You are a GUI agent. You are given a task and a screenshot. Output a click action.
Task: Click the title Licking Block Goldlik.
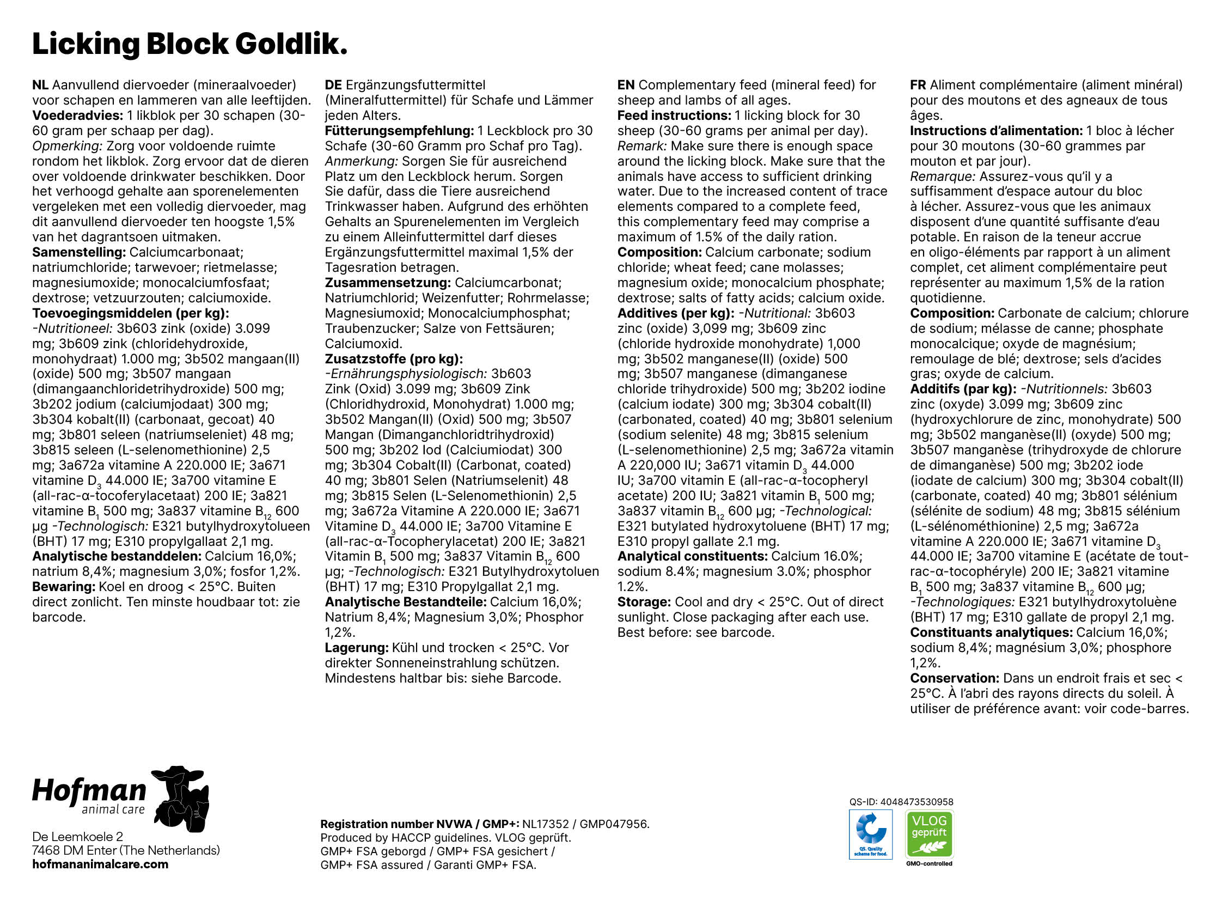click(x=189, y=44)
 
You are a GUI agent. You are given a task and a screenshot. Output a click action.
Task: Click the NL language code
click(x=40, y=85)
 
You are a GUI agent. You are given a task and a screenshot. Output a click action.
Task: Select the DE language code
click(x=333, y=85)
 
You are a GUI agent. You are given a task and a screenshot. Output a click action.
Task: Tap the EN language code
click(x=626, y=85)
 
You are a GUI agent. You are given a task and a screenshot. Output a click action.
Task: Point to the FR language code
click(x=918, y=85)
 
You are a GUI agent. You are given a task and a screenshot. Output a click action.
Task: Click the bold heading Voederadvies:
click(x=77, y=115)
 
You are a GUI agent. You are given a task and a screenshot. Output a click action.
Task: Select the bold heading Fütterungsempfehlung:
click(x=399, y=131)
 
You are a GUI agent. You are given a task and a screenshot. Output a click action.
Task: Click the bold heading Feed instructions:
click(x=674, y=115)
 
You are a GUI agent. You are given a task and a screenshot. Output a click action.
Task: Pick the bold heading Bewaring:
click(x=64, y=587)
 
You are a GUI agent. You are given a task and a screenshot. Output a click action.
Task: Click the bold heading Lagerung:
click(x=357, y=648)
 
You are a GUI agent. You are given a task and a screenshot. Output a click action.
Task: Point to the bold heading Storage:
click(x=644, y=602)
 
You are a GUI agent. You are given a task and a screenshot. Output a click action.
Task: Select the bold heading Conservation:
click(x=954, y=679)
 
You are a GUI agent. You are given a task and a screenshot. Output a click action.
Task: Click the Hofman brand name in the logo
click(x=89, y=790)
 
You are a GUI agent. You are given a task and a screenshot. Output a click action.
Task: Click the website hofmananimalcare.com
click(x=100, y=865)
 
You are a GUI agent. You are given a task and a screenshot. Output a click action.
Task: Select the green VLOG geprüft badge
click(x=929, y=835)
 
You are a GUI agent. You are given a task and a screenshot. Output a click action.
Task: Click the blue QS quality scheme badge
click(x=870, y=835)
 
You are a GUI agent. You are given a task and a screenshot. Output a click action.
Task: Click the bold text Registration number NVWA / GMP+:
click(x=420, y=824)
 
